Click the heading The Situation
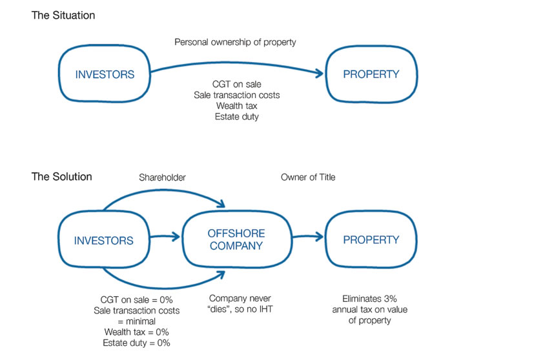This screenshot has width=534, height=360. (x=63, y=15)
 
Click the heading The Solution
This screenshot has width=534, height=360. (x=61, y=177)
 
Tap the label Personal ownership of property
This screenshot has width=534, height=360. (x=235, y=42)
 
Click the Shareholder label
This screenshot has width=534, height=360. (x=162, y=177)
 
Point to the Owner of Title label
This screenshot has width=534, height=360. (x=308, y=177)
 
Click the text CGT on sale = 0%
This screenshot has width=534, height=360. (x=136, y=300)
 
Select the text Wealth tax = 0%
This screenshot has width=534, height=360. (x=136, y=332)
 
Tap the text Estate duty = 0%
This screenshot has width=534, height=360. (x=136, y=343)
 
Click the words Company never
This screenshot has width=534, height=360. (x=240, y=299)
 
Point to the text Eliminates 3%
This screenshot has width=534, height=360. (x=369, y=299)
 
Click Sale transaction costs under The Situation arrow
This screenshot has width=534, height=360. (x=237, y=95)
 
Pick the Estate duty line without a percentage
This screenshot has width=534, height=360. (x=237, y=117)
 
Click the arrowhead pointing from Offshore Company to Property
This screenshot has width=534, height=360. (x=320, y=237)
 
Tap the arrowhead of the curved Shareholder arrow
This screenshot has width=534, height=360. (x=221, y=203)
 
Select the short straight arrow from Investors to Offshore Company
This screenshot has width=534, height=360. (x=165, y=237)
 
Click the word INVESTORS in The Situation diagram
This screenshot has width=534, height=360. (x=105, y=75)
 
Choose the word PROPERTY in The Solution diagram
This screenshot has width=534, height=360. (x=371, y=240)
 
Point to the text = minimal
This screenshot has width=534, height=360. (x=136, y=321)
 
